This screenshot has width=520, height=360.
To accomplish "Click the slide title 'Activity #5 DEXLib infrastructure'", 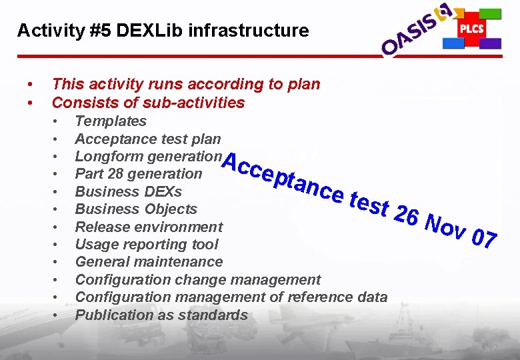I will point(163,31).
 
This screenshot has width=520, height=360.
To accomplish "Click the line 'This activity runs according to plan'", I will point(186,84).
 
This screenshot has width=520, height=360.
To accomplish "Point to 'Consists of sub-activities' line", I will point(148,103).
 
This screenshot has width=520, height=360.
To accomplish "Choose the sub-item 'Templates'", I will point(111,121).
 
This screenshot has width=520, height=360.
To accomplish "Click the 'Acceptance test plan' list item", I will point(147,139).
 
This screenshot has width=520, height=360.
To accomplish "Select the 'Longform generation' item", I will point(147,156).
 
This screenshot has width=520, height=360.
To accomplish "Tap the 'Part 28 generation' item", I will point(138,174).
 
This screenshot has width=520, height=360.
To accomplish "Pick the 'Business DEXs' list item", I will point(128,192).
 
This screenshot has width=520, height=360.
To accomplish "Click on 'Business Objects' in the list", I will point(136,209).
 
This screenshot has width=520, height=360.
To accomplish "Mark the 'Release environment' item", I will point(149,227).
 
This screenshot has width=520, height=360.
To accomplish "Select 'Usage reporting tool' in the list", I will point(147,244).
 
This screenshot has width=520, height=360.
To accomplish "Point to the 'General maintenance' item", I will point(149,262).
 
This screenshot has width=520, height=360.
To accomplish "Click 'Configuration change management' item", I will point(197,280).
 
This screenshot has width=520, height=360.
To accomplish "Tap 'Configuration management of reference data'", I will point(231,297).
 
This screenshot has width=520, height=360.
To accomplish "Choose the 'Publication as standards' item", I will point(161,315).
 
